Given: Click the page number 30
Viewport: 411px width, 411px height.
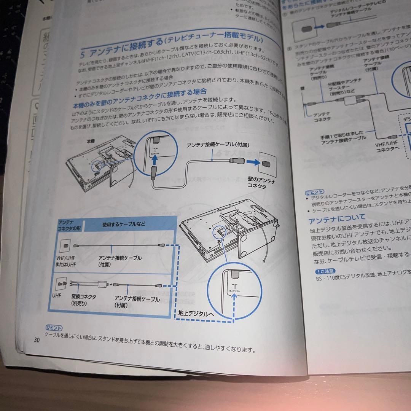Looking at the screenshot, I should coord(36,340).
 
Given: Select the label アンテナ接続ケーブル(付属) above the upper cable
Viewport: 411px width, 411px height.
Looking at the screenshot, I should coord(217,145).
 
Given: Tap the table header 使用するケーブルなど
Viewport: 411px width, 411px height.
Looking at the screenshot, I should coord(124,224).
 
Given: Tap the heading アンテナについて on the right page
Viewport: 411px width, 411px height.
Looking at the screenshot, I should coord(337,218).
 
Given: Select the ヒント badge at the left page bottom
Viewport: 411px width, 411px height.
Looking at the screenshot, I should coord(54,327).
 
